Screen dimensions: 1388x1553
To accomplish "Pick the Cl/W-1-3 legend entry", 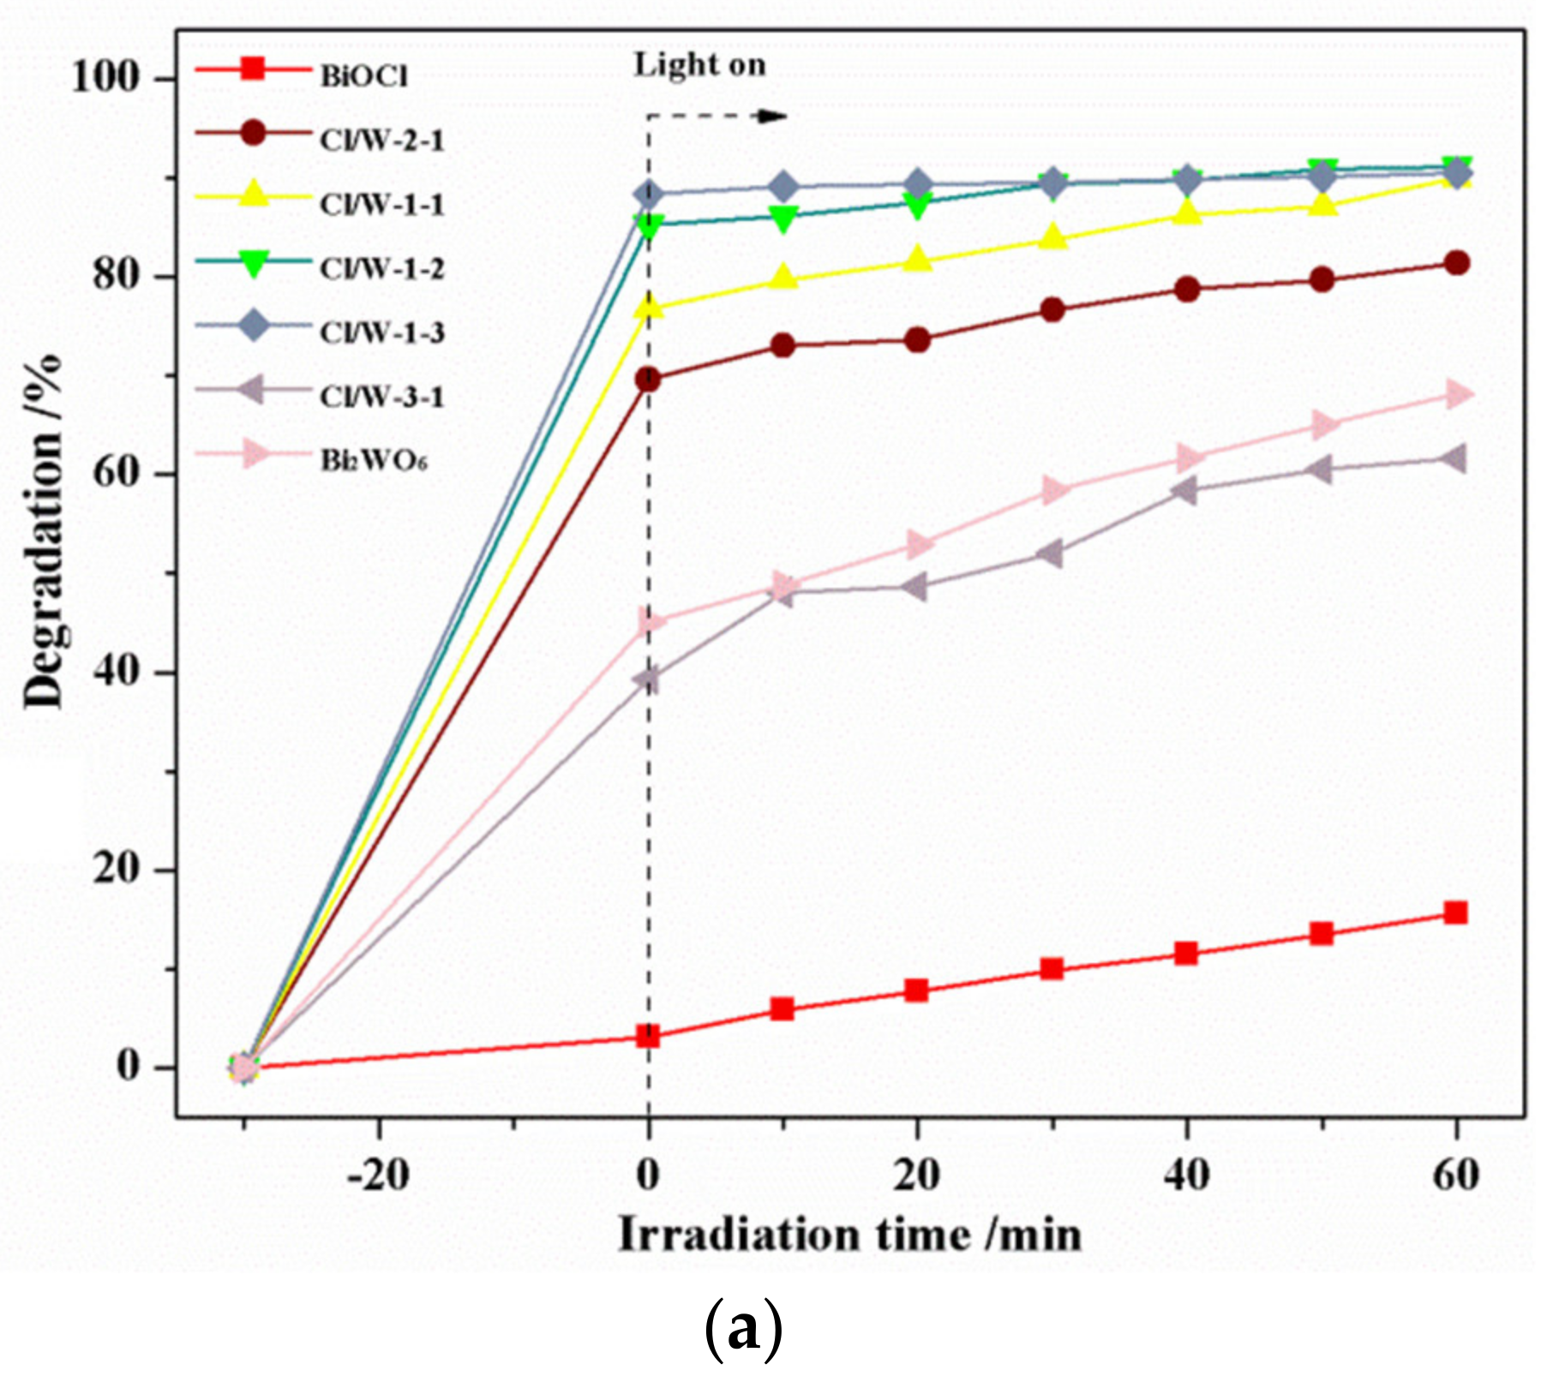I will tap(382, 332).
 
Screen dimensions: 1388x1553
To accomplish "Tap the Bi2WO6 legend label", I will tap(374, 461).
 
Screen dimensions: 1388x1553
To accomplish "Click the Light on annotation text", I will tap(699, 65).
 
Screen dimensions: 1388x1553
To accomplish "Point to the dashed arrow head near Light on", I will tap(775, 117).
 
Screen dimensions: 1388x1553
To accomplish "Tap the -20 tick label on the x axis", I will tap(378, 1176).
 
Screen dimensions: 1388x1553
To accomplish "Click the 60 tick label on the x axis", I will tap(1455, 1176).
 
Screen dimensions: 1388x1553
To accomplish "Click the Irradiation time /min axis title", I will tap(849, 1236).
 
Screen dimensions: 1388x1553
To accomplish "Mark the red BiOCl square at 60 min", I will tap(1455, 912).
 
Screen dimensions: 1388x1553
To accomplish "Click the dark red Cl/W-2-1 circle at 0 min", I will tap(649, 379).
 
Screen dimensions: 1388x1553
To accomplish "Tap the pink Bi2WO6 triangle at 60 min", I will tap(1457, 394).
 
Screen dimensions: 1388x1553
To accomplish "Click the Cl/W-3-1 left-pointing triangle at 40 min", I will tap(1185, 490).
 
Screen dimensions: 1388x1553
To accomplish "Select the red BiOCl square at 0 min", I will tap(649, 1037).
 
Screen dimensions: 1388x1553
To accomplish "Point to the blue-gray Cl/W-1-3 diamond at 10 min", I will tap(782, 186).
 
